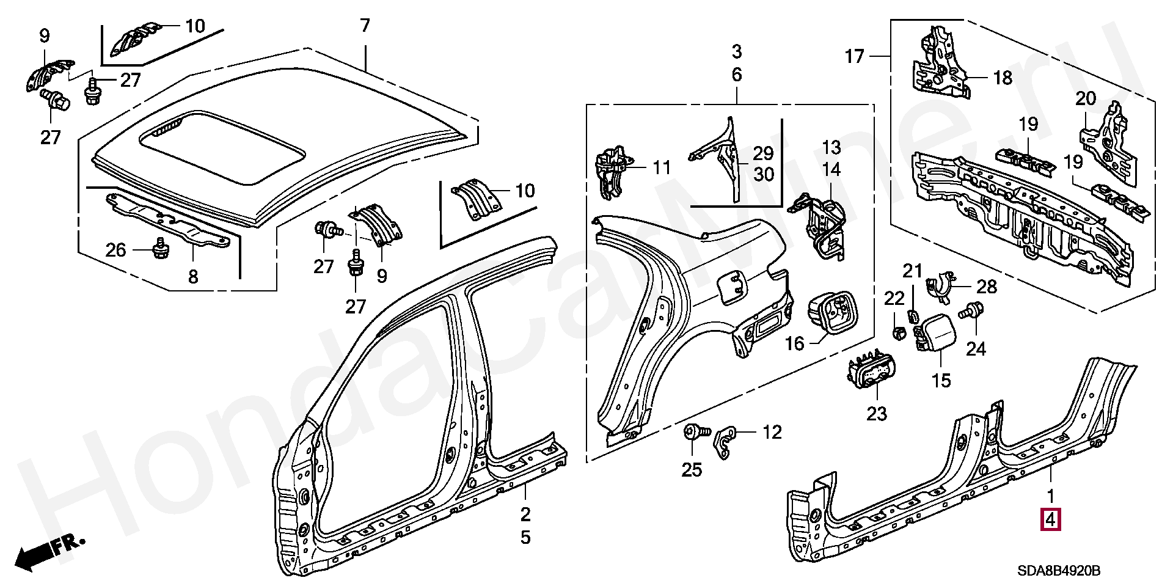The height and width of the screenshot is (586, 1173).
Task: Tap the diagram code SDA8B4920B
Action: [1059, 571]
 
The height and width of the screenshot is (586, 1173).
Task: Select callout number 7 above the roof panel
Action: [365, 26]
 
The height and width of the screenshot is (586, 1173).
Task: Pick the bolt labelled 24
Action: [971, 311]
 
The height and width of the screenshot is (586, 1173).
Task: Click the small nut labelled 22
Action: [897, 333]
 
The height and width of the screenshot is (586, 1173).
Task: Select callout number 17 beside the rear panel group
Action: [855, 57]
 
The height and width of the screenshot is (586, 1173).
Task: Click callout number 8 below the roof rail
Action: [193, 277]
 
